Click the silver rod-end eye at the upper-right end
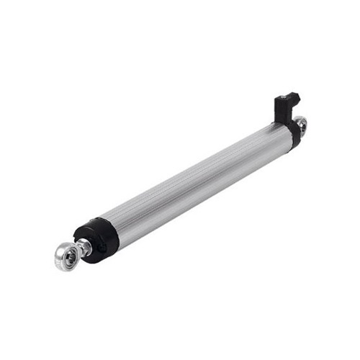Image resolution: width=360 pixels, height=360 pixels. pos(301,125)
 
